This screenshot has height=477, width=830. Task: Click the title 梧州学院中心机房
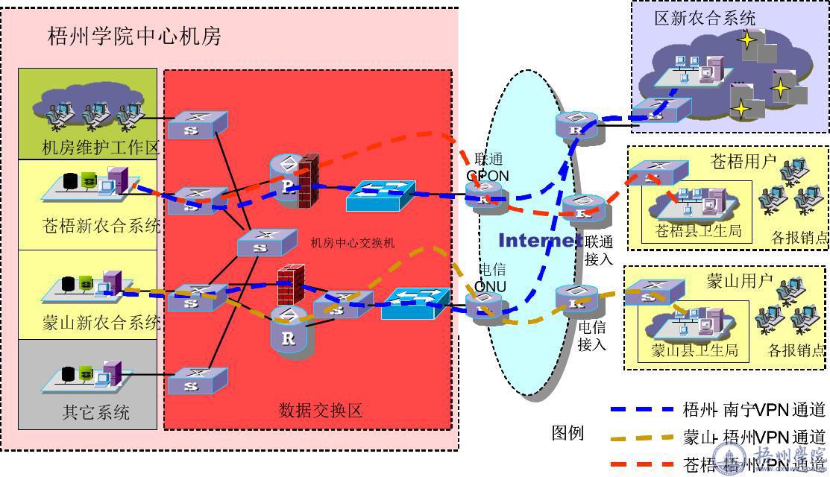point(134,37)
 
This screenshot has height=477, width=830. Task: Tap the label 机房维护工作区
point(101,148)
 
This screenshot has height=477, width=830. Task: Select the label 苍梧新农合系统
point(101,226)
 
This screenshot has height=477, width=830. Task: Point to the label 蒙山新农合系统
point(101,323)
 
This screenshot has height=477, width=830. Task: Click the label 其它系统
point(95,412)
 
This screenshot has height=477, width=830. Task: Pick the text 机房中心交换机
point(353,243)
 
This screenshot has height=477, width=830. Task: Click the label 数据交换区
point(321,409)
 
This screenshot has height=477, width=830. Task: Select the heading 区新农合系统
point(705,18)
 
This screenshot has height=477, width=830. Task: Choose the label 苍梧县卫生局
point(698,231)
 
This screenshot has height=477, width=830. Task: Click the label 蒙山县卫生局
point(694,350)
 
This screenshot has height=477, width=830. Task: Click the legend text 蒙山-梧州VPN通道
point(754,437)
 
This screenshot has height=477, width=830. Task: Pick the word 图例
point(568,433)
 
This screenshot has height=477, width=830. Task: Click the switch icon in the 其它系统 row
point(196,381)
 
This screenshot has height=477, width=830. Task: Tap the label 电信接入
point(591,335)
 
